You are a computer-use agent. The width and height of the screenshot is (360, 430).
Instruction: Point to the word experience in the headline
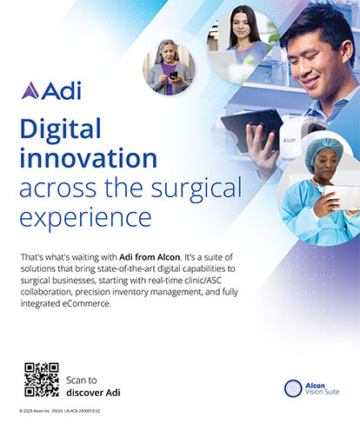pyautogui.click(x=85, y=215)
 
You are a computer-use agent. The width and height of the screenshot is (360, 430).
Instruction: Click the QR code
pyautogui.click(x=41, y=380)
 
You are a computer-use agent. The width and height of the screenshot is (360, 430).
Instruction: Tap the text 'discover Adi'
pyautogui.click(x=93, y=393)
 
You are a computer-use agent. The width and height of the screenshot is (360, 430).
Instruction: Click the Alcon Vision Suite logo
pyautogui.click(x=310, y=388)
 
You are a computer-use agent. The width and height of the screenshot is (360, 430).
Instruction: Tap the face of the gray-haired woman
pyautogui.click(x=167, y=54)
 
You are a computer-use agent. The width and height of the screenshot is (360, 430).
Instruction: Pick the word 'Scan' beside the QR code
pyautogui.click(x=77, y=380)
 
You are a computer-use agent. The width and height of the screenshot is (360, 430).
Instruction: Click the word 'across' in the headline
pyautogui.click(x=56, y=187)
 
